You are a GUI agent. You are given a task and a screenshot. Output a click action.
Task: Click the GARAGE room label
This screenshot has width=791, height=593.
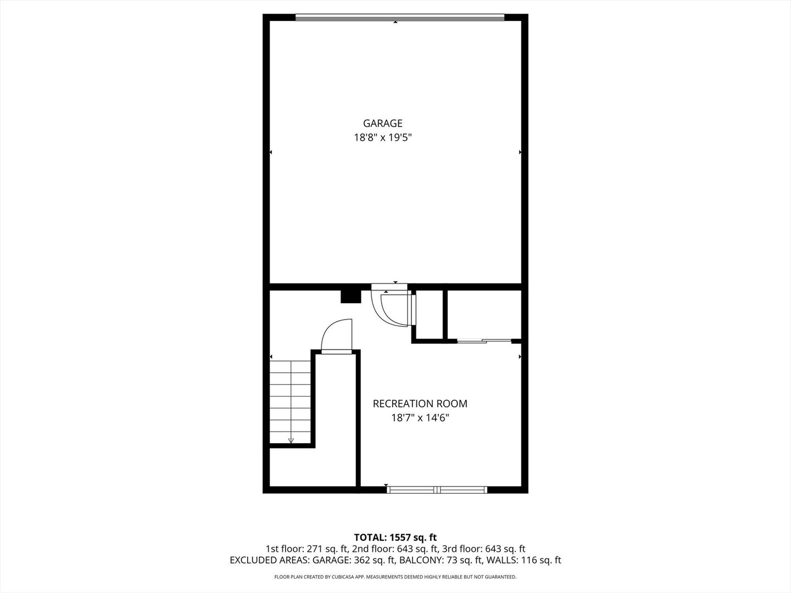[x=382, y=124]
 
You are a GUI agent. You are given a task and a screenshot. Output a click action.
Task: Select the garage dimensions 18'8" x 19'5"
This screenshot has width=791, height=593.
[x=382, y=138]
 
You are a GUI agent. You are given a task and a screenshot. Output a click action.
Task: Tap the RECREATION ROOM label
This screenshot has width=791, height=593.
[x=420, y=404]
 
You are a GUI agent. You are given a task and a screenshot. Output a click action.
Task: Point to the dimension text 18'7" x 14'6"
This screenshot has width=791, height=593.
[x=420, y=418]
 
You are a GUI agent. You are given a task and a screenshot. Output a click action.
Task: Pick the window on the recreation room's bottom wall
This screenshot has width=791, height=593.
[x=437, y=489]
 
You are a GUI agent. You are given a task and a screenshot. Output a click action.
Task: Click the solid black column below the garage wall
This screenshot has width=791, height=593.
[x=350, y=296]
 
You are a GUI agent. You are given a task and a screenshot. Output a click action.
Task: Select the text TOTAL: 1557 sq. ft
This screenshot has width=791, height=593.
[x=395, y=537]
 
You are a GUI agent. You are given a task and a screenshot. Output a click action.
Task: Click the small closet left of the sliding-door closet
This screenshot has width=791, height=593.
[x=429, y=314]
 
